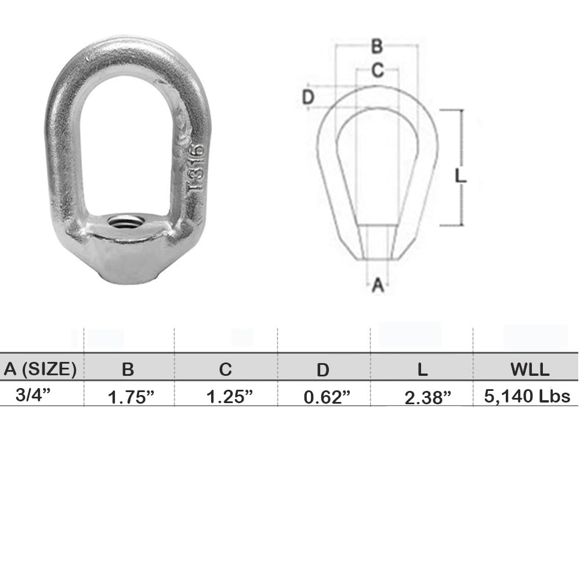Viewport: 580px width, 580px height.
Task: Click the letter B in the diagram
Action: click(x=376, y=46)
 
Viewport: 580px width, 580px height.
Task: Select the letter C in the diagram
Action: click(x=377, y=70)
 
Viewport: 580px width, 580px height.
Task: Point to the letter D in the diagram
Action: click(x=309, y=97)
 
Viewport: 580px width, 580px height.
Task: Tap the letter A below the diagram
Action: click(x=378, y=285)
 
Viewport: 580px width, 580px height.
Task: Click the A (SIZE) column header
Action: click(x=41, y=368)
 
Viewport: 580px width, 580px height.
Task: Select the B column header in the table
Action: click(x=128, y=369)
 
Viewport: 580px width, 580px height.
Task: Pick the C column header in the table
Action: click(x=226, y=369)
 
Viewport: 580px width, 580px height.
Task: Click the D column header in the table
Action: click(x=323, y=369)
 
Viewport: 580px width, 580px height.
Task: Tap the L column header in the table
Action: click(x=422, y=369)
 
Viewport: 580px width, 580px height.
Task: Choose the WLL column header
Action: click(x=527, y=369)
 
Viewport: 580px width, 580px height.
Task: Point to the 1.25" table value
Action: click(x=230, y=397)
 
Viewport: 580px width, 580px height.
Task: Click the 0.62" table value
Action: click(x=328, y=397)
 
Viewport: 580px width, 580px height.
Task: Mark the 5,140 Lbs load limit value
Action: click(x=527, y=396)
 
